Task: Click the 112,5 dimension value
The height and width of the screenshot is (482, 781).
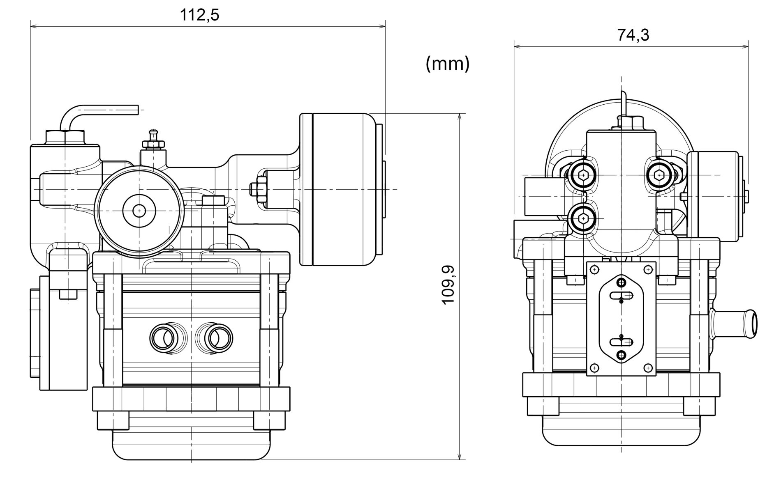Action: [x=200, y=15]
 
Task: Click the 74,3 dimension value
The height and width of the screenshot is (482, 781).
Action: [x=633, y=35]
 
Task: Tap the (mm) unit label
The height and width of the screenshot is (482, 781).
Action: [x=448, y=64]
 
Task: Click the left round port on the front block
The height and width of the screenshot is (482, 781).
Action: [x=164, y=337]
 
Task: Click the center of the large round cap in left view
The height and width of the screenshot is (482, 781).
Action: [x=139, y=210]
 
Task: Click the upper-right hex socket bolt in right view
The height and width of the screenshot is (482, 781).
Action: [x=660, y=175]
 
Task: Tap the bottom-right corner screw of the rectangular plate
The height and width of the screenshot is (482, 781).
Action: [x=648, y=366]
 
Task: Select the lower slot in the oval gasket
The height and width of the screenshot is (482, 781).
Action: [x=621, y=342]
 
